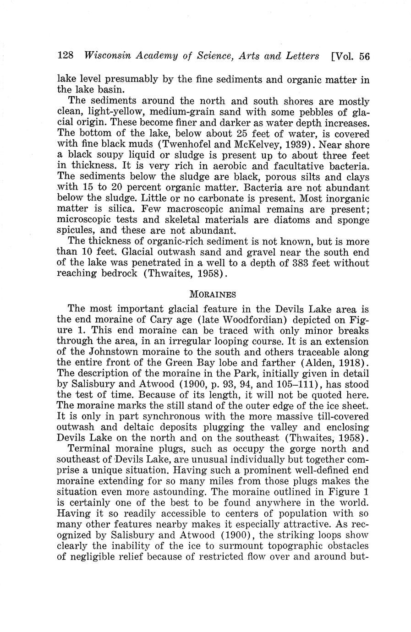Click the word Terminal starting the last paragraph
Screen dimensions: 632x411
tap(88, 449)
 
